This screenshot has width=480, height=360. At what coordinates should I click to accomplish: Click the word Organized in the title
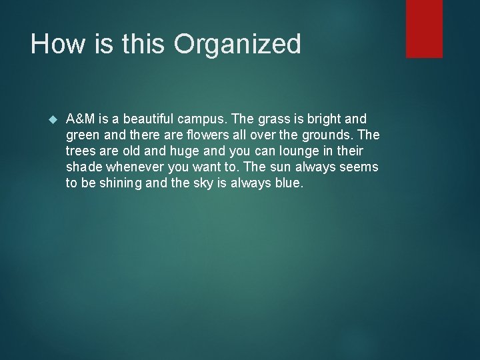pos(237,45)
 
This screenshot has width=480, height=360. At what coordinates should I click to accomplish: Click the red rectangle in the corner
pos(424,28)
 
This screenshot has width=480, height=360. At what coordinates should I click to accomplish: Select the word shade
pos(83,167)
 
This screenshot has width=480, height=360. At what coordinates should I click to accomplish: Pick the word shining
pos(119,183)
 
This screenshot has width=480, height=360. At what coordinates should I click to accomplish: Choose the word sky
pos(202,183)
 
